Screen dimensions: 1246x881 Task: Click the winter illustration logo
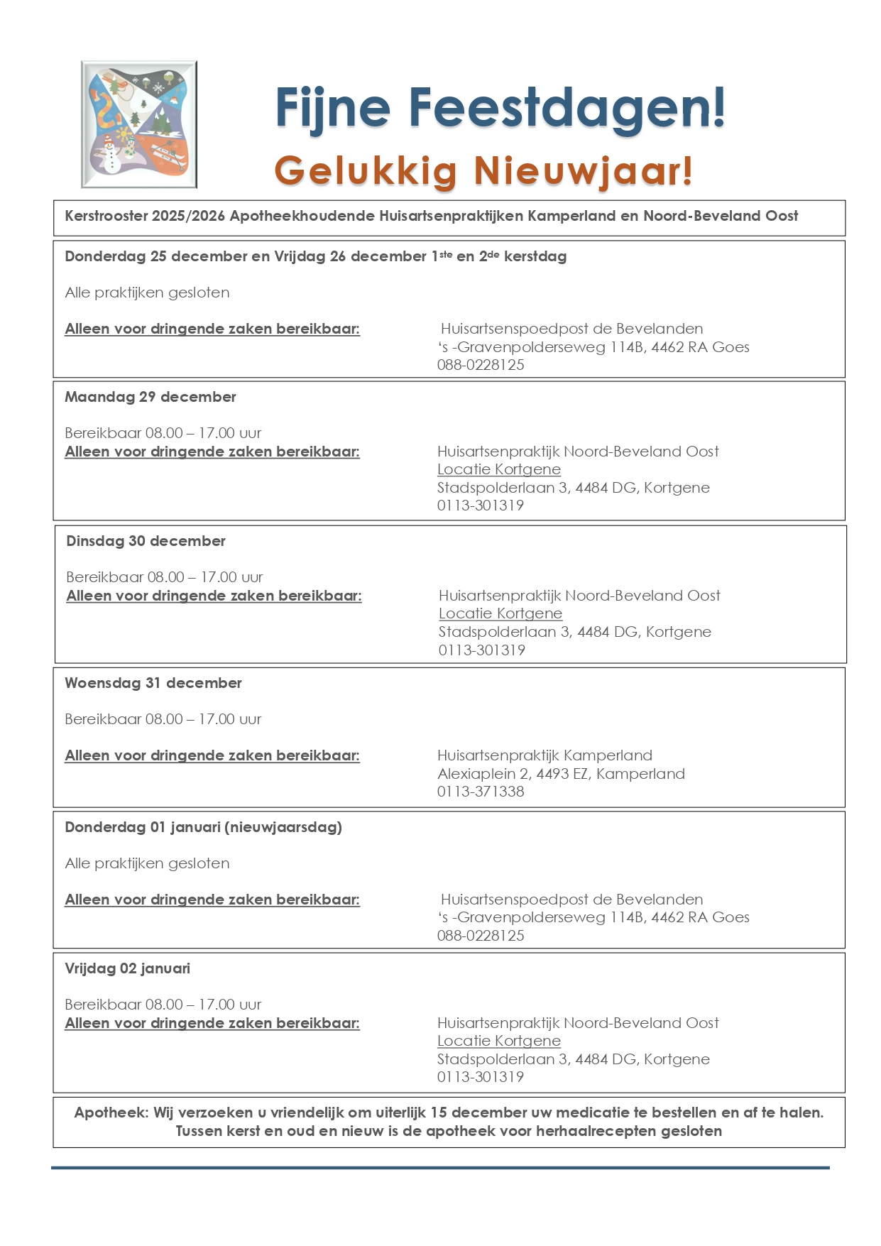139,124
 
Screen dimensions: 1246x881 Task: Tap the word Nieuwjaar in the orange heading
583,171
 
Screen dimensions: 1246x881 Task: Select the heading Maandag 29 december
151,397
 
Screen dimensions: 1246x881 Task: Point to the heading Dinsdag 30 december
146,541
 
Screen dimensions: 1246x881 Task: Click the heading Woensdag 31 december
153,683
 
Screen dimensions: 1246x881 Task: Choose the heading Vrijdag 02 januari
128,968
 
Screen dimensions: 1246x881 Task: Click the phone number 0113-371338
481,792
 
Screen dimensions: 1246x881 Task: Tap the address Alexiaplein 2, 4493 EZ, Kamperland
561,774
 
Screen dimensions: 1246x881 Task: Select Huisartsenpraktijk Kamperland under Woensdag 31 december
545,755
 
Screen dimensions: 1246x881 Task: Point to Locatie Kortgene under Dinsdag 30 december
500,613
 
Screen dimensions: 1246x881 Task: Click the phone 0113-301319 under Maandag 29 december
481,505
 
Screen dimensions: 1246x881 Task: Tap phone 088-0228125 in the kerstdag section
481,365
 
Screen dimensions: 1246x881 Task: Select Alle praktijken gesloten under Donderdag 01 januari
147,863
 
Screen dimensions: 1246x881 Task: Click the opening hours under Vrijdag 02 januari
163,1005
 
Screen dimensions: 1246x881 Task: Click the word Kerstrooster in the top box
106,216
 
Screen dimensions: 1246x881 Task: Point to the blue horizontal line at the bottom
440,1167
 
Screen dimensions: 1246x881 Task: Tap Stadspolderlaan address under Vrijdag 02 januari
573,1059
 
